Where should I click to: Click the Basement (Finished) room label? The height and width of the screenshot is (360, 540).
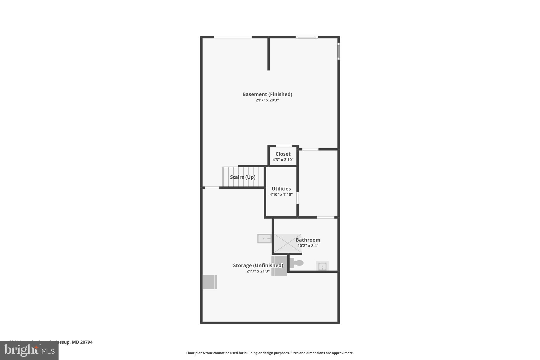coord(267,94)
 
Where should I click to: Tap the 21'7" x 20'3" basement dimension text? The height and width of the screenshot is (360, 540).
coord(267,100)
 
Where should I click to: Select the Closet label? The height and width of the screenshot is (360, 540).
coord(283,154)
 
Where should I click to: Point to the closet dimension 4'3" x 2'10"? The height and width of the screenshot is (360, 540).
coord(283,160)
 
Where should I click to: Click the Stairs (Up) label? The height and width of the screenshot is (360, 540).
coord(243,177)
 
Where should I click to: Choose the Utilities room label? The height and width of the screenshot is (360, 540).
coord(281,189)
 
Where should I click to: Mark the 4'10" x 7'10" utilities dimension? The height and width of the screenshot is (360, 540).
coord(281,195)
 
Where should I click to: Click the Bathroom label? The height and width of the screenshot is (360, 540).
coord(308,240)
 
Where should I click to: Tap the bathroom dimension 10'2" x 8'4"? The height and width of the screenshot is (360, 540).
coord(308,246)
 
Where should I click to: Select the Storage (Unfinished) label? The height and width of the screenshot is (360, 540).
coord(258,265)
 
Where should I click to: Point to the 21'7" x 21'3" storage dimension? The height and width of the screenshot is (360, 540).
coord(258,271)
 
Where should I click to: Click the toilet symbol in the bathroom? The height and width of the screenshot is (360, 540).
coord(297,263)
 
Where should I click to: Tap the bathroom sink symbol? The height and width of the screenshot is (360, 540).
coord(322,266)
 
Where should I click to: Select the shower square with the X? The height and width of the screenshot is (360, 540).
coord(287,243)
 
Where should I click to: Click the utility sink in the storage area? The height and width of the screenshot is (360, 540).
coord(264,239)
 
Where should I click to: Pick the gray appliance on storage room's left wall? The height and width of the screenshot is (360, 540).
coord(210,282)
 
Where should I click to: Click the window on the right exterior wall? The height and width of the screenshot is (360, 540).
coord(339,51)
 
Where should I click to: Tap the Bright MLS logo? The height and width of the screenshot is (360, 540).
coord(29,350)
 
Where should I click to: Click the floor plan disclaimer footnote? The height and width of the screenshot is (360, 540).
coord(270,353)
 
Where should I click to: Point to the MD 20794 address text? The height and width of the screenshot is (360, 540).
coord(82,342)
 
